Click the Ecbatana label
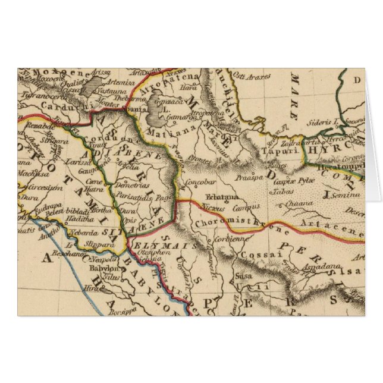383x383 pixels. pos(216,196)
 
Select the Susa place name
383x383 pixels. pos(240,277)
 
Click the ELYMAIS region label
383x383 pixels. pos(150,244)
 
